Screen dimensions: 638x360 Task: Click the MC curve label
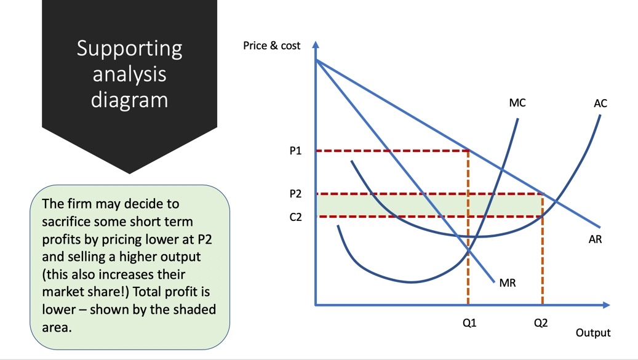[517, 103]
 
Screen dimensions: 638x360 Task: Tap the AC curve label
[600, 103]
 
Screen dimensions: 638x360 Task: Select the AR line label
[595, 239]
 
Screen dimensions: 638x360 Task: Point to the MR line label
[508, 282]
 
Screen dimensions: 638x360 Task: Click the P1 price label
[295, 151]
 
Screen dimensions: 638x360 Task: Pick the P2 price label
[295, 194]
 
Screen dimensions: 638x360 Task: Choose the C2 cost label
[295, 217]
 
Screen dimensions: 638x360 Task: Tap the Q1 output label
[469, 323]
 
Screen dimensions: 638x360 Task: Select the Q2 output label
[541, 323]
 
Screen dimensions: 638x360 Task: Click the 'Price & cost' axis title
[271, 46]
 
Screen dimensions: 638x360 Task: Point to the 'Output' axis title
[593, 333]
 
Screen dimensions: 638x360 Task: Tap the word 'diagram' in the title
[129, 100]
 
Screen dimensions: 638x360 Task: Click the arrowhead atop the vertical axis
[316, 44]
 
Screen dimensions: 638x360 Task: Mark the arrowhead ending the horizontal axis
[606, 305]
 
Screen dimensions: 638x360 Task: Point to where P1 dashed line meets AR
[468, 151]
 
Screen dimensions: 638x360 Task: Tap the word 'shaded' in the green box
[194, 310]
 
